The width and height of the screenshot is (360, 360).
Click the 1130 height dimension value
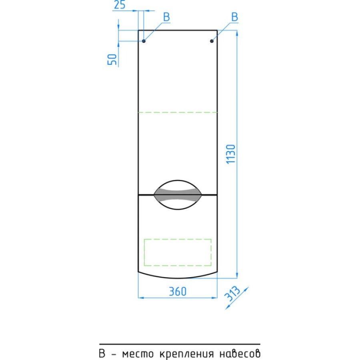(x=231, y=154)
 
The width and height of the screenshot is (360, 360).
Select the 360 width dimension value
(x=178, y=291)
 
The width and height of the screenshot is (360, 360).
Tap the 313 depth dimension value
(x=232, y=294)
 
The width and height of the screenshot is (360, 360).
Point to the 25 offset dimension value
(x=120, y=4)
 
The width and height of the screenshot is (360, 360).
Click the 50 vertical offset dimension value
(x=112, y=60)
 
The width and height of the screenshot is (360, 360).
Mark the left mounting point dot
(x=144, y=41)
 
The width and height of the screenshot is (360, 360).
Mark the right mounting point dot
(x=212, y=41)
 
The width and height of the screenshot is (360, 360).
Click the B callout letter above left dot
(x=166, y=17)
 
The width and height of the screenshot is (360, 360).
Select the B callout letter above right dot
(x=234, y=17)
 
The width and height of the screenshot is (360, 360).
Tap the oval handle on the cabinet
(x=178, y=195)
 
